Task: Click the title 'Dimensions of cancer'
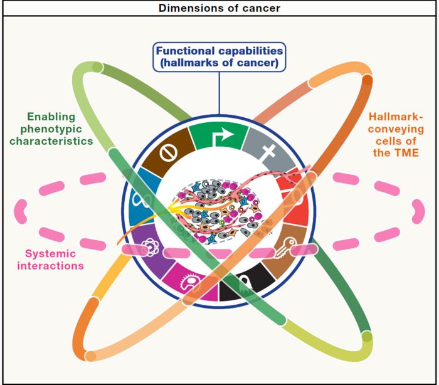219,8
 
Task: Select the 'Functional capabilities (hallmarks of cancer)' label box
219,57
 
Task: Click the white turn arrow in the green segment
219,135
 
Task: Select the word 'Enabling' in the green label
51,117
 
